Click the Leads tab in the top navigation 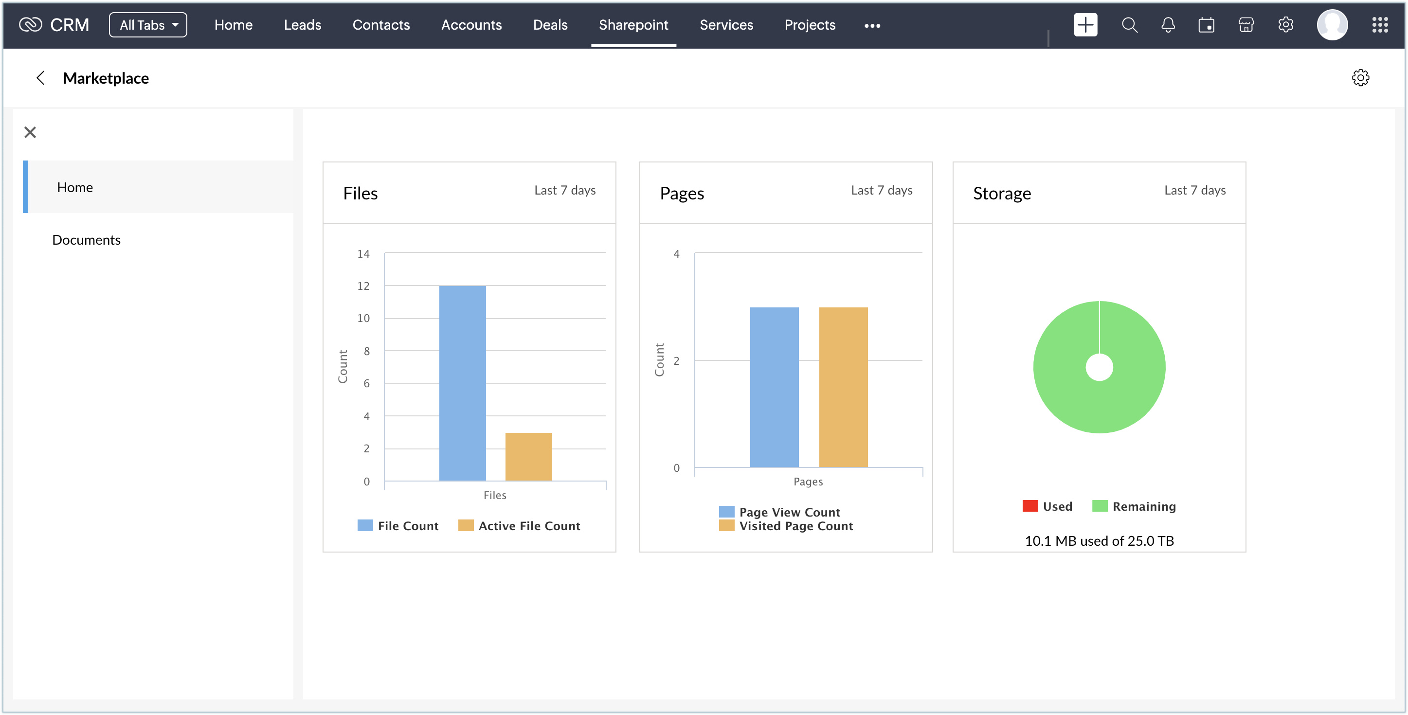302,25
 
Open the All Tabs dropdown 147,25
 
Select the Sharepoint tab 633,25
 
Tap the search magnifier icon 1129,25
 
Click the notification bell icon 1168,25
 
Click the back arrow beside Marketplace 40,78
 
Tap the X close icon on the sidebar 30,132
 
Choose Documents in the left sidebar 87,240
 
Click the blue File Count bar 462,383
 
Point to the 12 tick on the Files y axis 363,286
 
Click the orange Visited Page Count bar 843,387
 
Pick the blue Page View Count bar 774,387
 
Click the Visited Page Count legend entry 795,526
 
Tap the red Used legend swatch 1030,506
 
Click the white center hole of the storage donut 1099,367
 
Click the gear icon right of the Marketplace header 1360,78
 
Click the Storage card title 1002,194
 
